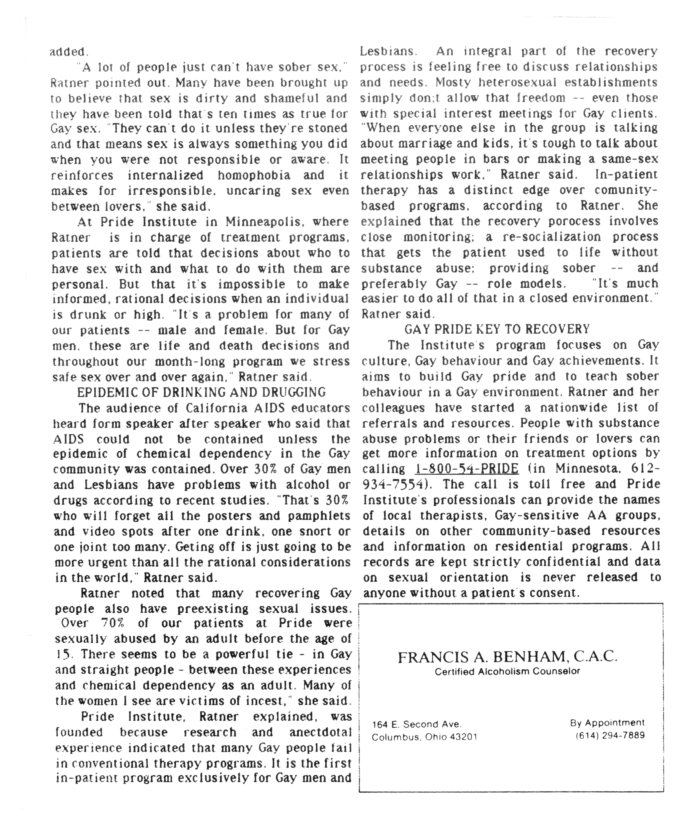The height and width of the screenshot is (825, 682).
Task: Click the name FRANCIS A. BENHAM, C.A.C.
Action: click(508, 657)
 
